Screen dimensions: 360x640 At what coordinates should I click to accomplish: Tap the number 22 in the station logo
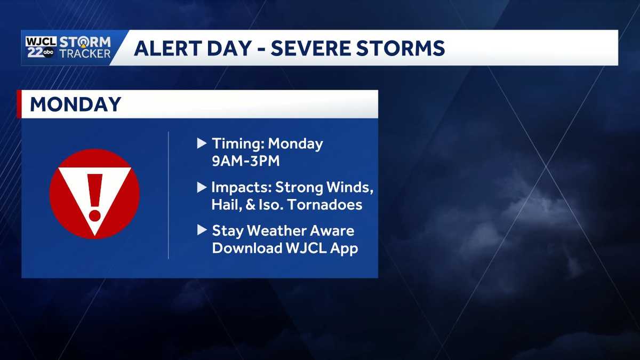click(35, 52)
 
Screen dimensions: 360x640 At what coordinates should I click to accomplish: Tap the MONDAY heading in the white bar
click(75, 104)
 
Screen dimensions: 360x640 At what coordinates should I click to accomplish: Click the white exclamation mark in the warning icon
click(95, 196)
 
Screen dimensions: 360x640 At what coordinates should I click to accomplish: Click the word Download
click(247, 248)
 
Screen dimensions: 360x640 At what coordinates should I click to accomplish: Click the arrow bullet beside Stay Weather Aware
click(202, 230)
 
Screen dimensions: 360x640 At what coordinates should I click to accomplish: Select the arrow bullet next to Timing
click(202, 143)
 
